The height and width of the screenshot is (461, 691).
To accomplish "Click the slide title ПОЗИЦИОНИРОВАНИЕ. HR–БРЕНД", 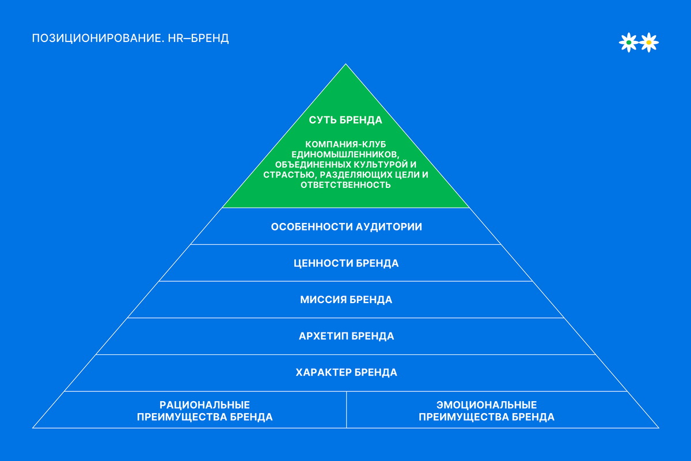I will (131, 39).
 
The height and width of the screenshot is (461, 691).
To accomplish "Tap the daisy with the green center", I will (628, 42).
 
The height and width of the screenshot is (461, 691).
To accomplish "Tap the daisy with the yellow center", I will (649, 42).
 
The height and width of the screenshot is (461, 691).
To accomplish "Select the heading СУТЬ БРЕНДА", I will (345, 120).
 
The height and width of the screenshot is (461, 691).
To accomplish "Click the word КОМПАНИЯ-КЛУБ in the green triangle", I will (345, 143).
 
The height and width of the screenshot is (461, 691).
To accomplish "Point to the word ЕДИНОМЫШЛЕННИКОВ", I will (345, 154).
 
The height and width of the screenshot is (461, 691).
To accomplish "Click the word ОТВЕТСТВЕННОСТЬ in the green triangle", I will (345, 185).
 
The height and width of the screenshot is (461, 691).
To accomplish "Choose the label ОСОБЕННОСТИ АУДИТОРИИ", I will (346, 226).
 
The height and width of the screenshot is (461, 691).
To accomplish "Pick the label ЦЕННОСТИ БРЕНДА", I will (345, 263).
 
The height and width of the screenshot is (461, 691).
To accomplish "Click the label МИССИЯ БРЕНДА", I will (345, 300).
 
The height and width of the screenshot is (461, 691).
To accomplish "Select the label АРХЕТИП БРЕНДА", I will (346, 336).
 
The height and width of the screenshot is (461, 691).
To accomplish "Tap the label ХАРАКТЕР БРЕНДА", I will (346, 372).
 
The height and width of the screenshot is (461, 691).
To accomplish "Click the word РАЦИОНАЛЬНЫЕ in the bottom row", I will (204, 405).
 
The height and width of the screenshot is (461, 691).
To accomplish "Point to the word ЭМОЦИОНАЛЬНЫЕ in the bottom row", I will (487, 405).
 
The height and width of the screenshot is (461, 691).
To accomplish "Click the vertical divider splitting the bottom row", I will (347, 410).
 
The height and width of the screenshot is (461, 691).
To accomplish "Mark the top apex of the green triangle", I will (345, 65).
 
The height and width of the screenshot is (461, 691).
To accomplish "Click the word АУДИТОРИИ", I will (389, 226).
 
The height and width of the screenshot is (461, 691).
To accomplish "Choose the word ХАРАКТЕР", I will (323, 372).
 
